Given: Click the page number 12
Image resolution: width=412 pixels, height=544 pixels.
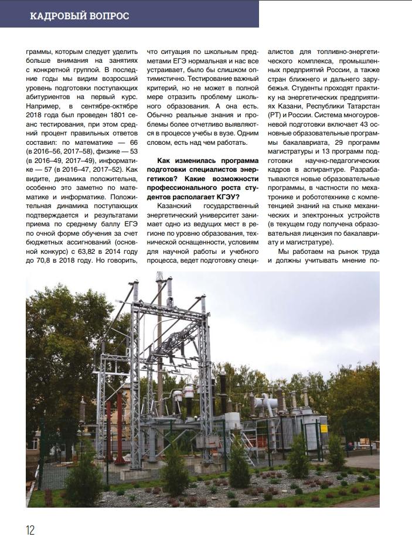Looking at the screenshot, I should tap(30, 530).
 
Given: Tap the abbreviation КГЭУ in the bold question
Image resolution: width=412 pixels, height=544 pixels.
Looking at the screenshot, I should tap(216, 196).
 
